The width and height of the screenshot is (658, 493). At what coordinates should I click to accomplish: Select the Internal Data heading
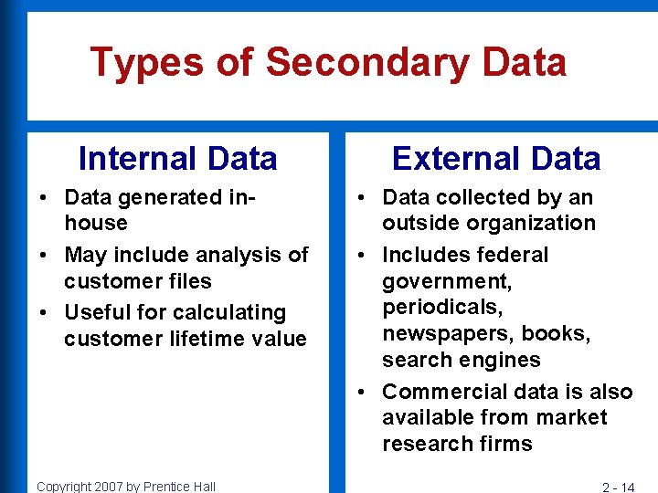coord(177,159)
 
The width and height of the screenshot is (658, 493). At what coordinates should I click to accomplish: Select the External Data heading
coord(495,159)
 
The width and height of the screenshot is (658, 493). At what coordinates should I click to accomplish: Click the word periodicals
coord(442,307)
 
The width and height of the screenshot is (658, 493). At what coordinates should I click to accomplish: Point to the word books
coord(558,333)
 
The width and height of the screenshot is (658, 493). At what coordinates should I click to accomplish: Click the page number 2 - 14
coord(618,487)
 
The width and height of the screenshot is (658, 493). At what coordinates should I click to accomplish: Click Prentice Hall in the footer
coord(178,487)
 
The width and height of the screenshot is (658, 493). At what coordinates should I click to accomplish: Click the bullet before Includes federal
coord(364,255)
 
